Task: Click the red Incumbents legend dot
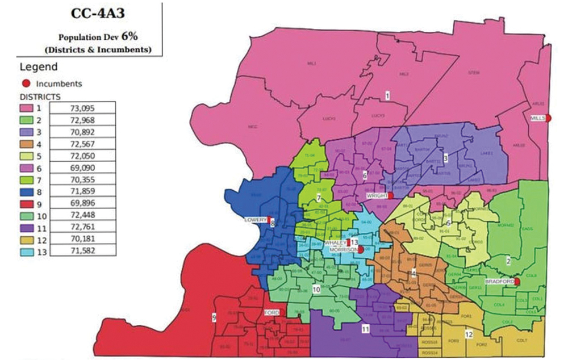26,83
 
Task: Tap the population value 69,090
82,168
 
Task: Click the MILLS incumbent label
537,118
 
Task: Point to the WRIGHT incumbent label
377,196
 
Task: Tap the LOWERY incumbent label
256,219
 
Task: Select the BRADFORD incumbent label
499,282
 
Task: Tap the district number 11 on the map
365,328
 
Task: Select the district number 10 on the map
316,290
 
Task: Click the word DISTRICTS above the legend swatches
39,97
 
